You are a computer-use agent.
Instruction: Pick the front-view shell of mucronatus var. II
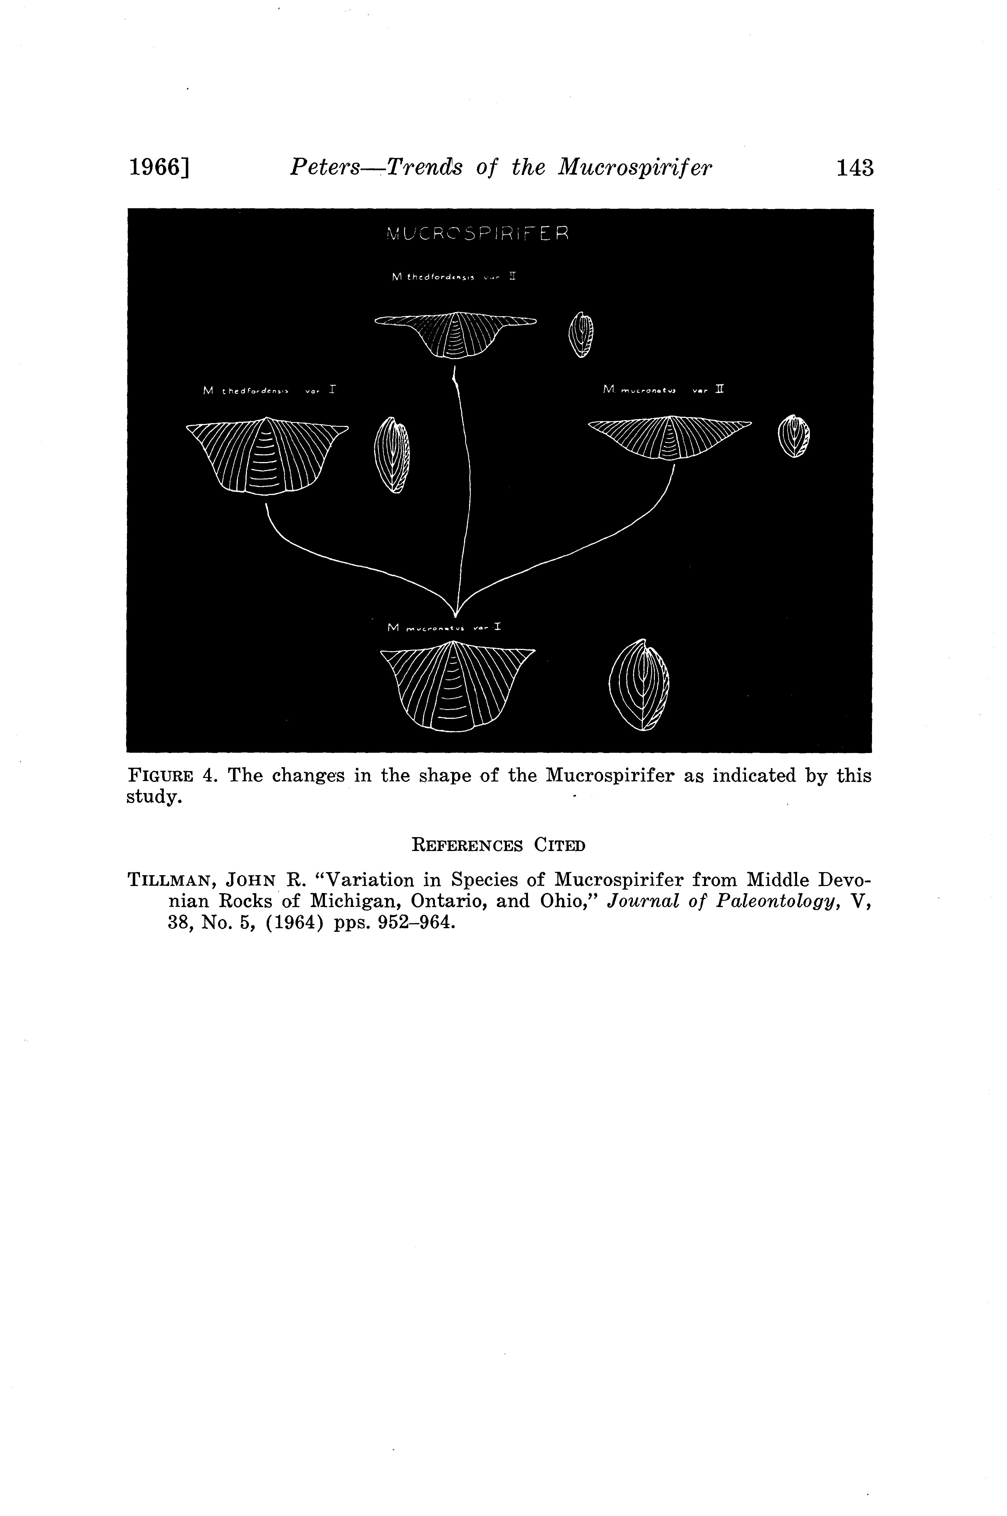(669, 438)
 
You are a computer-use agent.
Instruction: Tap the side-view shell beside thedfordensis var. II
(582, 335)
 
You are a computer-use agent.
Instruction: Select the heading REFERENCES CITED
(498, 845)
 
